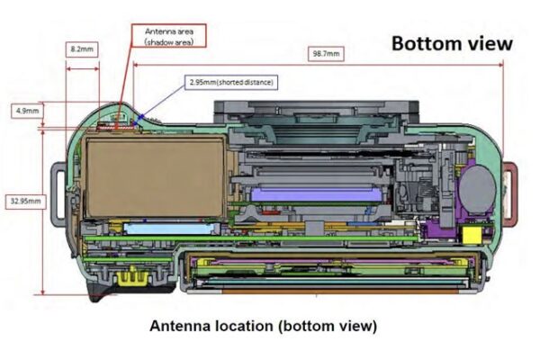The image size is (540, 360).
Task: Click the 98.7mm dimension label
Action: tap(325, 54)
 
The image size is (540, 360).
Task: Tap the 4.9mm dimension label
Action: tap(27, 111)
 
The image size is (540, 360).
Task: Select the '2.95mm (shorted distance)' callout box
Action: tap(230, 82)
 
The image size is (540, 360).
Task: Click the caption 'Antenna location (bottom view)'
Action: tap(263, 325)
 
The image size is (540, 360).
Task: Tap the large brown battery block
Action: tap(154, 177)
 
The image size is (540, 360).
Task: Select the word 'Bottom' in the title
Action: tap(421, 42)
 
